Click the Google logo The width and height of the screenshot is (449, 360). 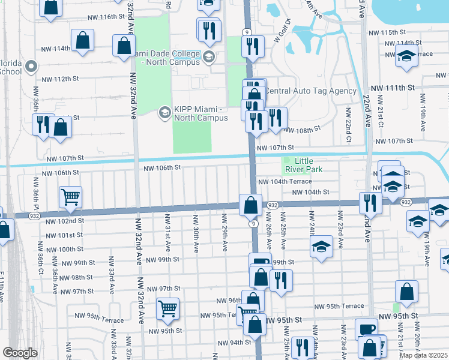pos(20,352)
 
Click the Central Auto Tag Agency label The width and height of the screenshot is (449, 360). pos(311,91)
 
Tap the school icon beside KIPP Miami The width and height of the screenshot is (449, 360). pos(164,112)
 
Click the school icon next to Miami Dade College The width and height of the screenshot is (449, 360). pos(209,58)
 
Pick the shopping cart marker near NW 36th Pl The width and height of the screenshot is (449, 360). pos(70,197)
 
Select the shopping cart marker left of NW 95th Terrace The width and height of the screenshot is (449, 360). pos(167,308)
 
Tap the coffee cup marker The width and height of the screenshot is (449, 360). pos(366,329)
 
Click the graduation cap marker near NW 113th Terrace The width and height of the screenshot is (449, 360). pos(406,57)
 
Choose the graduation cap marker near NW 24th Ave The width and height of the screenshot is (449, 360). pos(321,246)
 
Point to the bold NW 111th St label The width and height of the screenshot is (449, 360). pos(393,88)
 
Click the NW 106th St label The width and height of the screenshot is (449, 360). pos(162,169)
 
